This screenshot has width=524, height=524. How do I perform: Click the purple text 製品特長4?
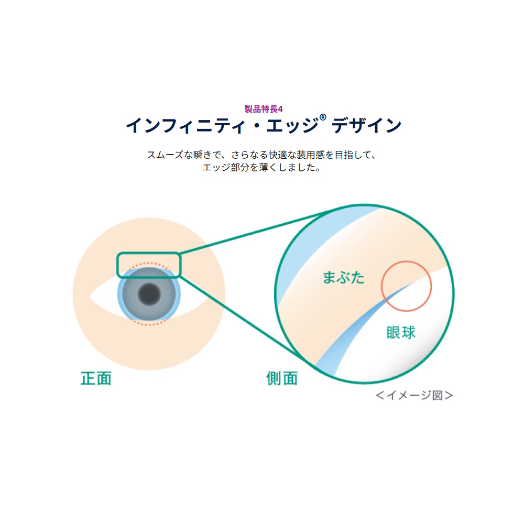tap(264, 109)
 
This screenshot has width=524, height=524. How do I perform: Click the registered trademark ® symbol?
tap(323, 117)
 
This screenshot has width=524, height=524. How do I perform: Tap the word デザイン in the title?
tap(366, 126)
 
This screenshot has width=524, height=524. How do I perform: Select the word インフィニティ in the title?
tap(185, 126)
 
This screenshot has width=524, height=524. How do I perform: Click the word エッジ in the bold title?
tap(292, 126)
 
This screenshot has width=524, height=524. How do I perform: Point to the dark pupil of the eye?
tap(149, 294)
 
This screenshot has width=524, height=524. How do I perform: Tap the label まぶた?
tap(344, 278)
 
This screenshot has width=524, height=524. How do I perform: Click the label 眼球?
tap(401, 333)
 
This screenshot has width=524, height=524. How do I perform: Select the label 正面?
tap(96, 378)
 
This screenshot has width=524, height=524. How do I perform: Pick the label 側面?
tap(282, 378)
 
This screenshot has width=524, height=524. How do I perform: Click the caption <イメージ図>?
tap(414, 395)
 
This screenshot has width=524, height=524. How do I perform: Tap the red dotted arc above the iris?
tap(149, 264)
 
